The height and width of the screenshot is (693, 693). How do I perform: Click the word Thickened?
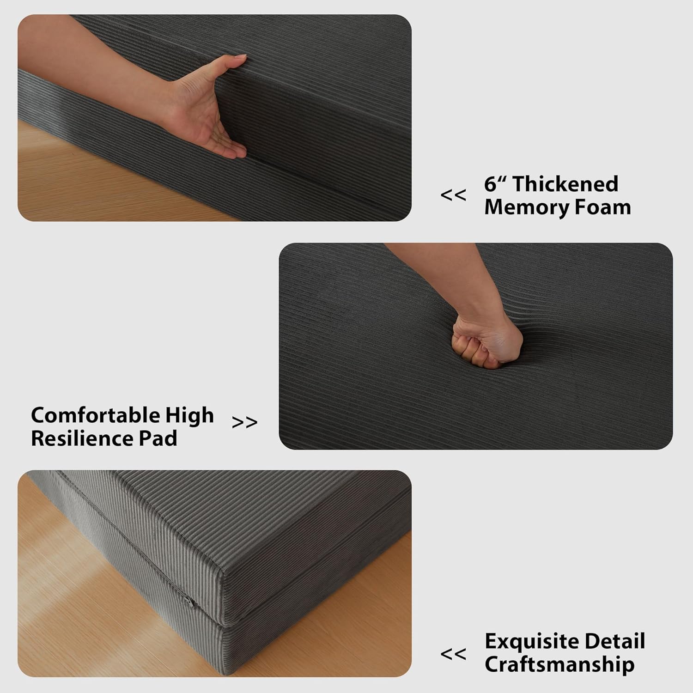tap(565, 184)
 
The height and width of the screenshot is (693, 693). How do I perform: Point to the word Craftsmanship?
tap(559, 665)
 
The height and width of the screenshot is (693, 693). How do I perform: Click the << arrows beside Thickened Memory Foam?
tap(453, 195)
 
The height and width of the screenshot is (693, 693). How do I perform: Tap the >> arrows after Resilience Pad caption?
tap(245, 422)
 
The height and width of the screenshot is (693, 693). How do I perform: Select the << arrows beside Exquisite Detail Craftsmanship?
tap(453, 654)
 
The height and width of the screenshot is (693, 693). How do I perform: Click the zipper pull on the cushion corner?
tap(189, 601)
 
